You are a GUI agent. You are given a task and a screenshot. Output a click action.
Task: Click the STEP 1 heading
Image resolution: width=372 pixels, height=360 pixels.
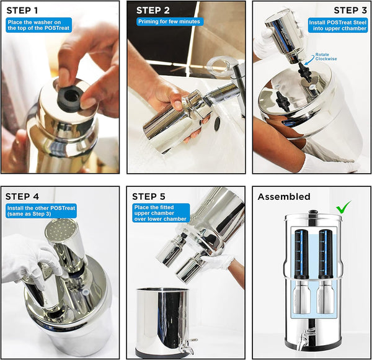click(22, 11)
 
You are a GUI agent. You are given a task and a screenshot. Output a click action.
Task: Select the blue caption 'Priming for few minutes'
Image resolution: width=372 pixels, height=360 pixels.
click(169, 22)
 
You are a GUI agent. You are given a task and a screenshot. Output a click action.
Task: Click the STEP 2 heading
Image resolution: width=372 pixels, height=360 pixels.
click(153, 11)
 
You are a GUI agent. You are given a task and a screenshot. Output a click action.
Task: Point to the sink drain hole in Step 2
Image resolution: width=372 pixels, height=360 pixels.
click(217, 124)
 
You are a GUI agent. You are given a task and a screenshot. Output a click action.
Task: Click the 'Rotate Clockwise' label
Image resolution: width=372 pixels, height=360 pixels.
click(325, 56)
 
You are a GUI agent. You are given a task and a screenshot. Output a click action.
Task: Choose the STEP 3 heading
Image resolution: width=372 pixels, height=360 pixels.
click(350, 11)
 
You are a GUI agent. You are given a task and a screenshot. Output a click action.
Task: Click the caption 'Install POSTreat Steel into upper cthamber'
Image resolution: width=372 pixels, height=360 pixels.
click(338, 25)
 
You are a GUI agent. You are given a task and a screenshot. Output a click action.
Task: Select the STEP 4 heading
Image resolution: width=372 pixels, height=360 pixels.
click(22, 197)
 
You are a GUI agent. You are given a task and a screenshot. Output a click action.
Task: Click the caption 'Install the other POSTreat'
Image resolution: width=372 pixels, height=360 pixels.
click(41, 209)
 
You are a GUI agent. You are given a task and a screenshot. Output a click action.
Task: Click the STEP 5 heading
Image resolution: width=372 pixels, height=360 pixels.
click(149, 197)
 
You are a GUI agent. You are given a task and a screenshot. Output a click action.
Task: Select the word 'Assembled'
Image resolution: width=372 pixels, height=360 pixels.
click(284, 197)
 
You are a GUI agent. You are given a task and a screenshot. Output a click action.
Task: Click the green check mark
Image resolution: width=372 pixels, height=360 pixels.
click(343, 207)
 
